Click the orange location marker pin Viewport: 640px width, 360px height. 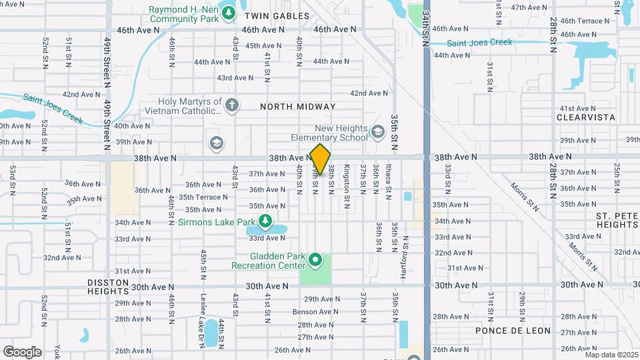pyautogui.click(x=320, y=159)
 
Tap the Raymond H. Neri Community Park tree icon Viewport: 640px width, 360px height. pyautogui.click(x=229, y=13)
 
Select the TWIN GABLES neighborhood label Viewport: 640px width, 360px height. pyautogui.click(x=277, y=15)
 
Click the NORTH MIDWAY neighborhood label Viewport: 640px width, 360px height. pyautogui.click(x=297, y=107)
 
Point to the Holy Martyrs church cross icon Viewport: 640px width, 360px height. pyautogui.click(x=231, y=105)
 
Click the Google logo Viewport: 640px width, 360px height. pyautogui.click(x=22, y=351)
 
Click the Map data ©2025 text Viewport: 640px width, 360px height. pyautogui.click(x=611, y=355)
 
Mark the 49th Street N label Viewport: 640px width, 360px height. pyautogui.click(x=106, y=61)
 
